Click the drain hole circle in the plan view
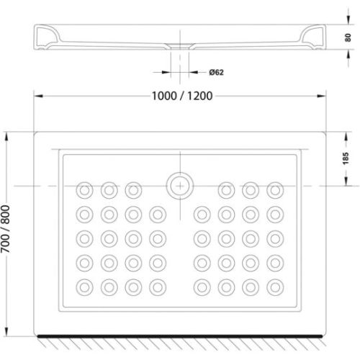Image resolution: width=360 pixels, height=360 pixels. pos(177,186)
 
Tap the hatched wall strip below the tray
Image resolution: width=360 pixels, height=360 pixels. pos(180,340)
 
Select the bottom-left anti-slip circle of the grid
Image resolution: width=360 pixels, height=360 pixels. pos(85,286)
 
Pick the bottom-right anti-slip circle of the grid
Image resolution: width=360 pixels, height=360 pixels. pos(274,286)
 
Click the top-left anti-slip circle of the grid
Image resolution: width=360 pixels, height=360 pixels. pos(85,189)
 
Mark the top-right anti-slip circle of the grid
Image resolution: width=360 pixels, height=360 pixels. pos(274,189)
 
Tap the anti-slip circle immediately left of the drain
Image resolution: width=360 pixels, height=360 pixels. pos(132,189)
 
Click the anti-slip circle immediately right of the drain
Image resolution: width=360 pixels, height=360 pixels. pos(226,189)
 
